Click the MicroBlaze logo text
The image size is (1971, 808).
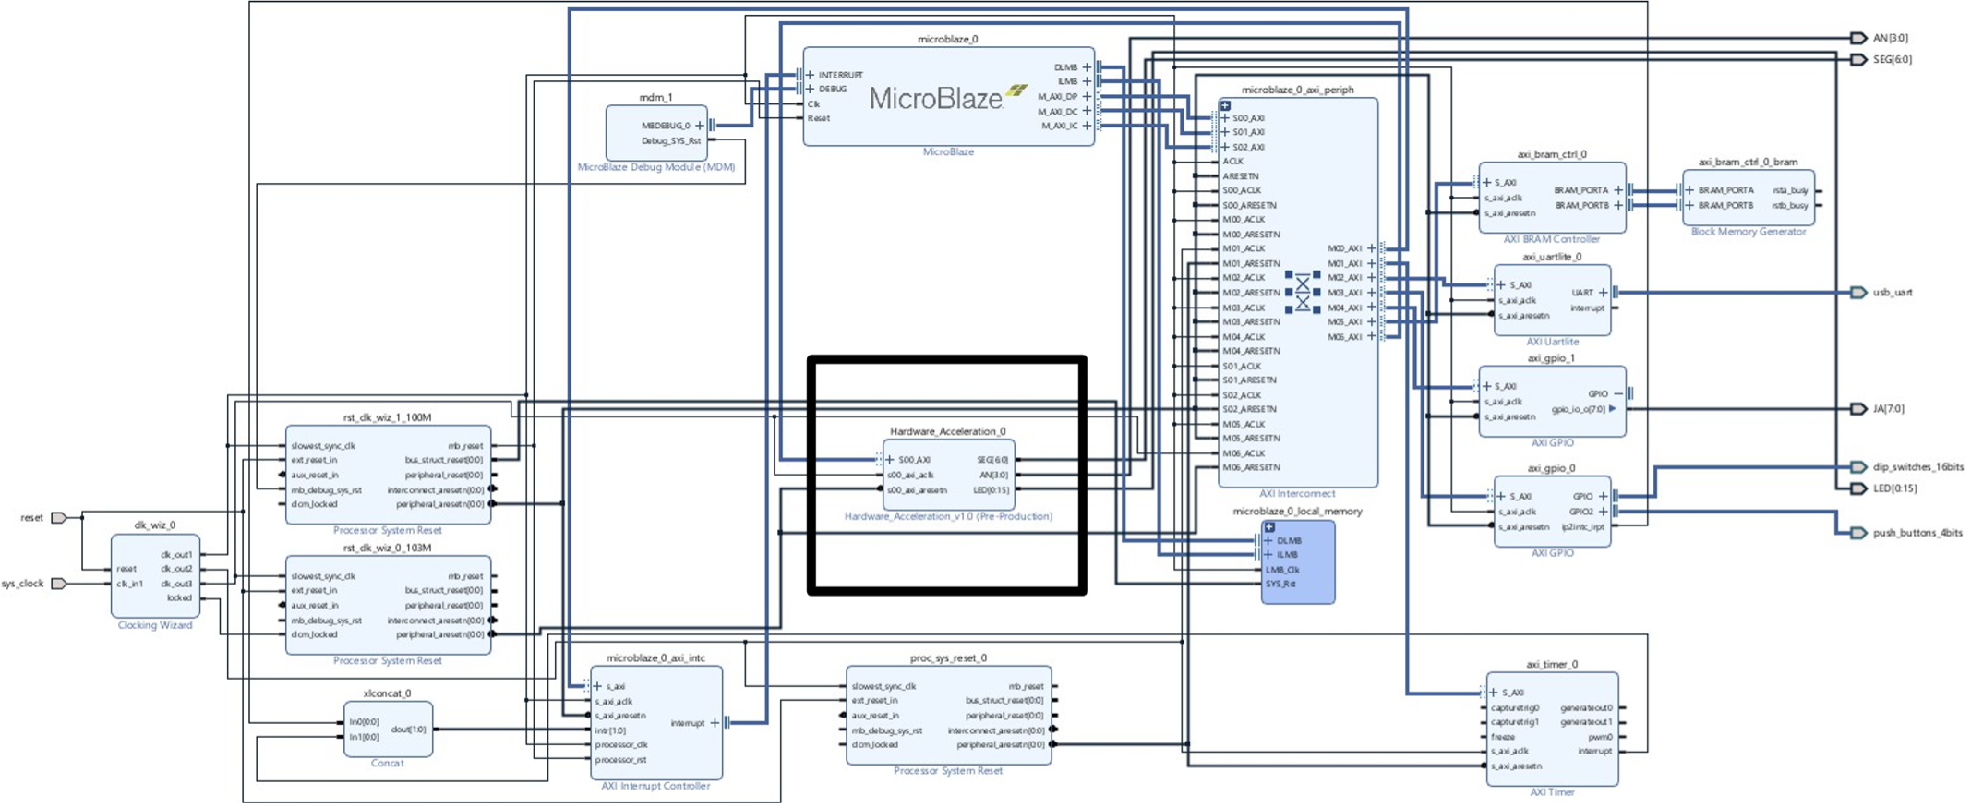coord(935,99)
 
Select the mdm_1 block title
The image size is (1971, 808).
coord(655,97)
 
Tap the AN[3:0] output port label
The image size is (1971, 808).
coord(1890,38)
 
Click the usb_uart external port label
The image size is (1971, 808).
coord(1892,293)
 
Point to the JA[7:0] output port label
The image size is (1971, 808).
coord(1888,408)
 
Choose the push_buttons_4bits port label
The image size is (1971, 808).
coord(1917,533)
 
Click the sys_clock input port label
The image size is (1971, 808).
coord(23,584)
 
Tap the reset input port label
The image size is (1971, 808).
coord(32,518)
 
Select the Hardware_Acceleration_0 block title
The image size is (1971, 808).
coord(947,431)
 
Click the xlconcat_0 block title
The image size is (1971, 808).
coord(387,693)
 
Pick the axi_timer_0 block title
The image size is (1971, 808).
coord(1551,664)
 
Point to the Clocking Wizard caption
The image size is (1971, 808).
coord(155,625)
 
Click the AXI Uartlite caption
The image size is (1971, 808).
coord(1552,342)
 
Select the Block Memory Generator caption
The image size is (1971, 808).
coord(1748,232)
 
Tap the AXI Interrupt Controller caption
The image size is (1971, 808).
coord(655,786)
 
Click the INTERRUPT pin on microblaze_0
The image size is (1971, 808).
coord(840,75)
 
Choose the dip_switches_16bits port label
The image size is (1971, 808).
coord(1917,467)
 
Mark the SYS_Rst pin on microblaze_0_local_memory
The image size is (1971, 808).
coord(1280,584)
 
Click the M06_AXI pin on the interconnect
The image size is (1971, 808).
coord(1344,337)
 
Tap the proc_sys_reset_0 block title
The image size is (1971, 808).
coord(947,658)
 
